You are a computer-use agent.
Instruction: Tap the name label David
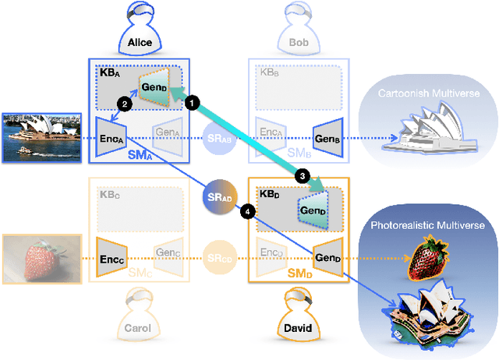click(x=297, y=328)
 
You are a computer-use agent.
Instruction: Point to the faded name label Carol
click(x=140, y=328)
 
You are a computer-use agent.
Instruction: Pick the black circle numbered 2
click(x=123, y=102)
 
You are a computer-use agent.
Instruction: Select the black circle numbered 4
click(x=248, y=210)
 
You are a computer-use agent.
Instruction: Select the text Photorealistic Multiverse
click(x=428, y=225)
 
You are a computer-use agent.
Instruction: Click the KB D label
click(x=268, y=192)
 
